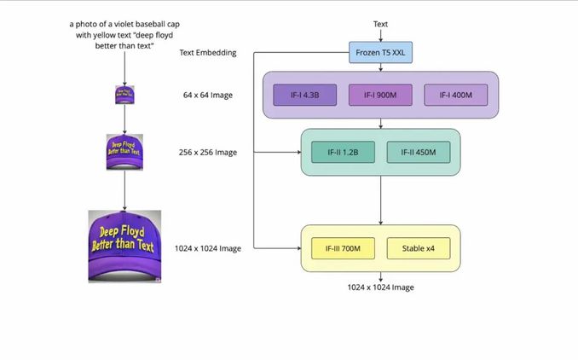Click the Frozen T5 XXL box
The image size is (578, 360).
click(x=380, y=53)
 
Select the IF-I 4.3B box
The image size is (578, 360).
click(x=305, y=96)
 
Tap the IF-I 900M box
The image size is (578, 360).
click(x=380, y=96)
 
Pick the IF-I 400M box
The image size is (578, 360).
click(x=456, y=96)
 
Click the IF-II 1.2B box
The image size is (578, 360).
click(x=343, y=153)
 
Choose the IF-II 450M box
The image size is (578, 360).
click(x=418, y=153)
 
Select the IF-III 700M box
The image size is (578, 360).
click(x=343, y=249)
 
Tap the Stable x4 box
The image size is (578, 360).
click(x=418, y=249)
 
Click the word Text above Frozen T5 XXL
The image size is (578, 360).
click(x=380, y=24)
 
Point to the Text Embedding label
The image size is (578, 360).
click(x=207, y=53)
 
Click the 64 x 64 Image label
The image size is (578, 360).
click(x=207, y=95)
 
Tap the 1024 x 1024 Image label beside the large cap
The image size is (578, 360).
click(x=207, y=248)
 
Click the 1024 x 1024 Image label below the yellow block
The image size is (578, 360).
click(x=380, y=287)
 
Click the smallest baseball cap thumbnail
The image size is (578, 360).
click(x=124, y=94)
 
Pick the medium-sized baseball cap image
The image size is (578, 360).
click(x=124, y=152)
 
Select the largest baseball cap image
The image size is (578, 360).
click(x=124, y=247)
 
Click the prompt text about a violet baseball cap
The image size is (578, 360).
click(x=124, y=35)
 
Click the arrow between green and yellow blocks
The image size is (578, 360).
click(x=380, y=200)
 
